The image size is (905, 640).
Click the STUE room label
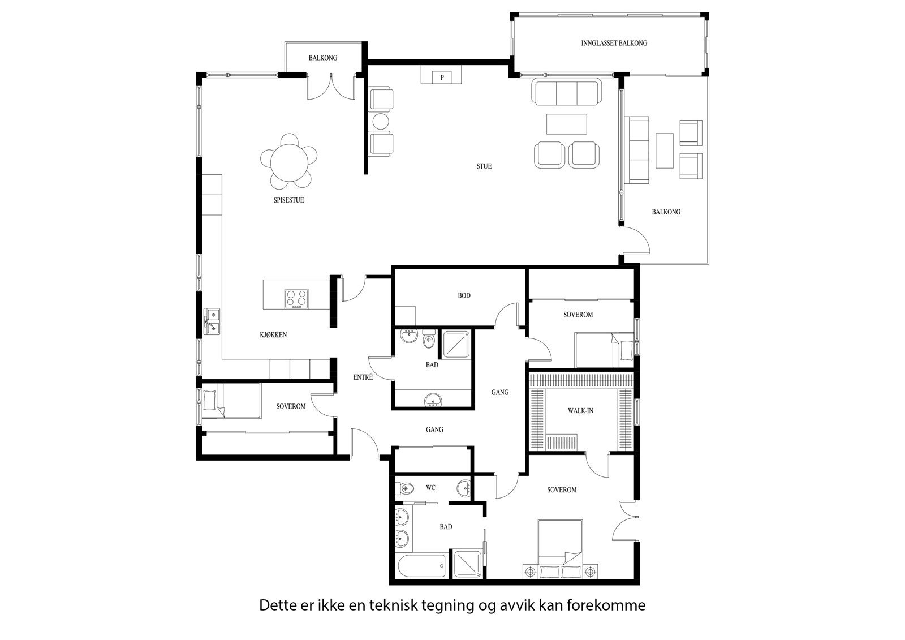pos(484,166)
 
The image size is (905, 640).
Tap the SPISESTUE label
pos(289,200)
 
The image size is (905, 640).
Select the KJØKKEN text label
pos(274,335)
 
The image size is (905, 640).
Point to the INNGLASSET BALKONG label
pos(614,43)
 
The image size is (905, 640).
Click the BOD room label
pos(464,295)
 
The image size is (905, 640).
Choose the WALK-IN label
pos(580,411)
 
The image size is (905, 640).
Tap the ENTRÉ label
pos(363,377)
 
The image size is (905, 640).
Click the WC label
pos(430,488)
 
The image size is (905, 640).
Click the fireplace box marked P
pos(442,77)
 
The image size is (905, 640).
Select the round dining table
pos(288,161)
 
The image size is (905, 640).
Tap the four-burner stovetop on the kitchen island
pos(296,299)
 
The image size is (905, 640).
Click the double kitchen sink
pos(212,321)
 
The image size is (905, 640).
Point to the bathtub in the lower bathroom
pos(422,566)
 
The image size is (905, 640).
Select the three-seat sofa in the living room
pos(566,92)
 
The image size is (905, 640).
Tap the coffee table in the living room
pos(566,124)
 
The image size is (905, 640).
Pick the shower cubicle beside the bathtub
pos(468,564)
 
